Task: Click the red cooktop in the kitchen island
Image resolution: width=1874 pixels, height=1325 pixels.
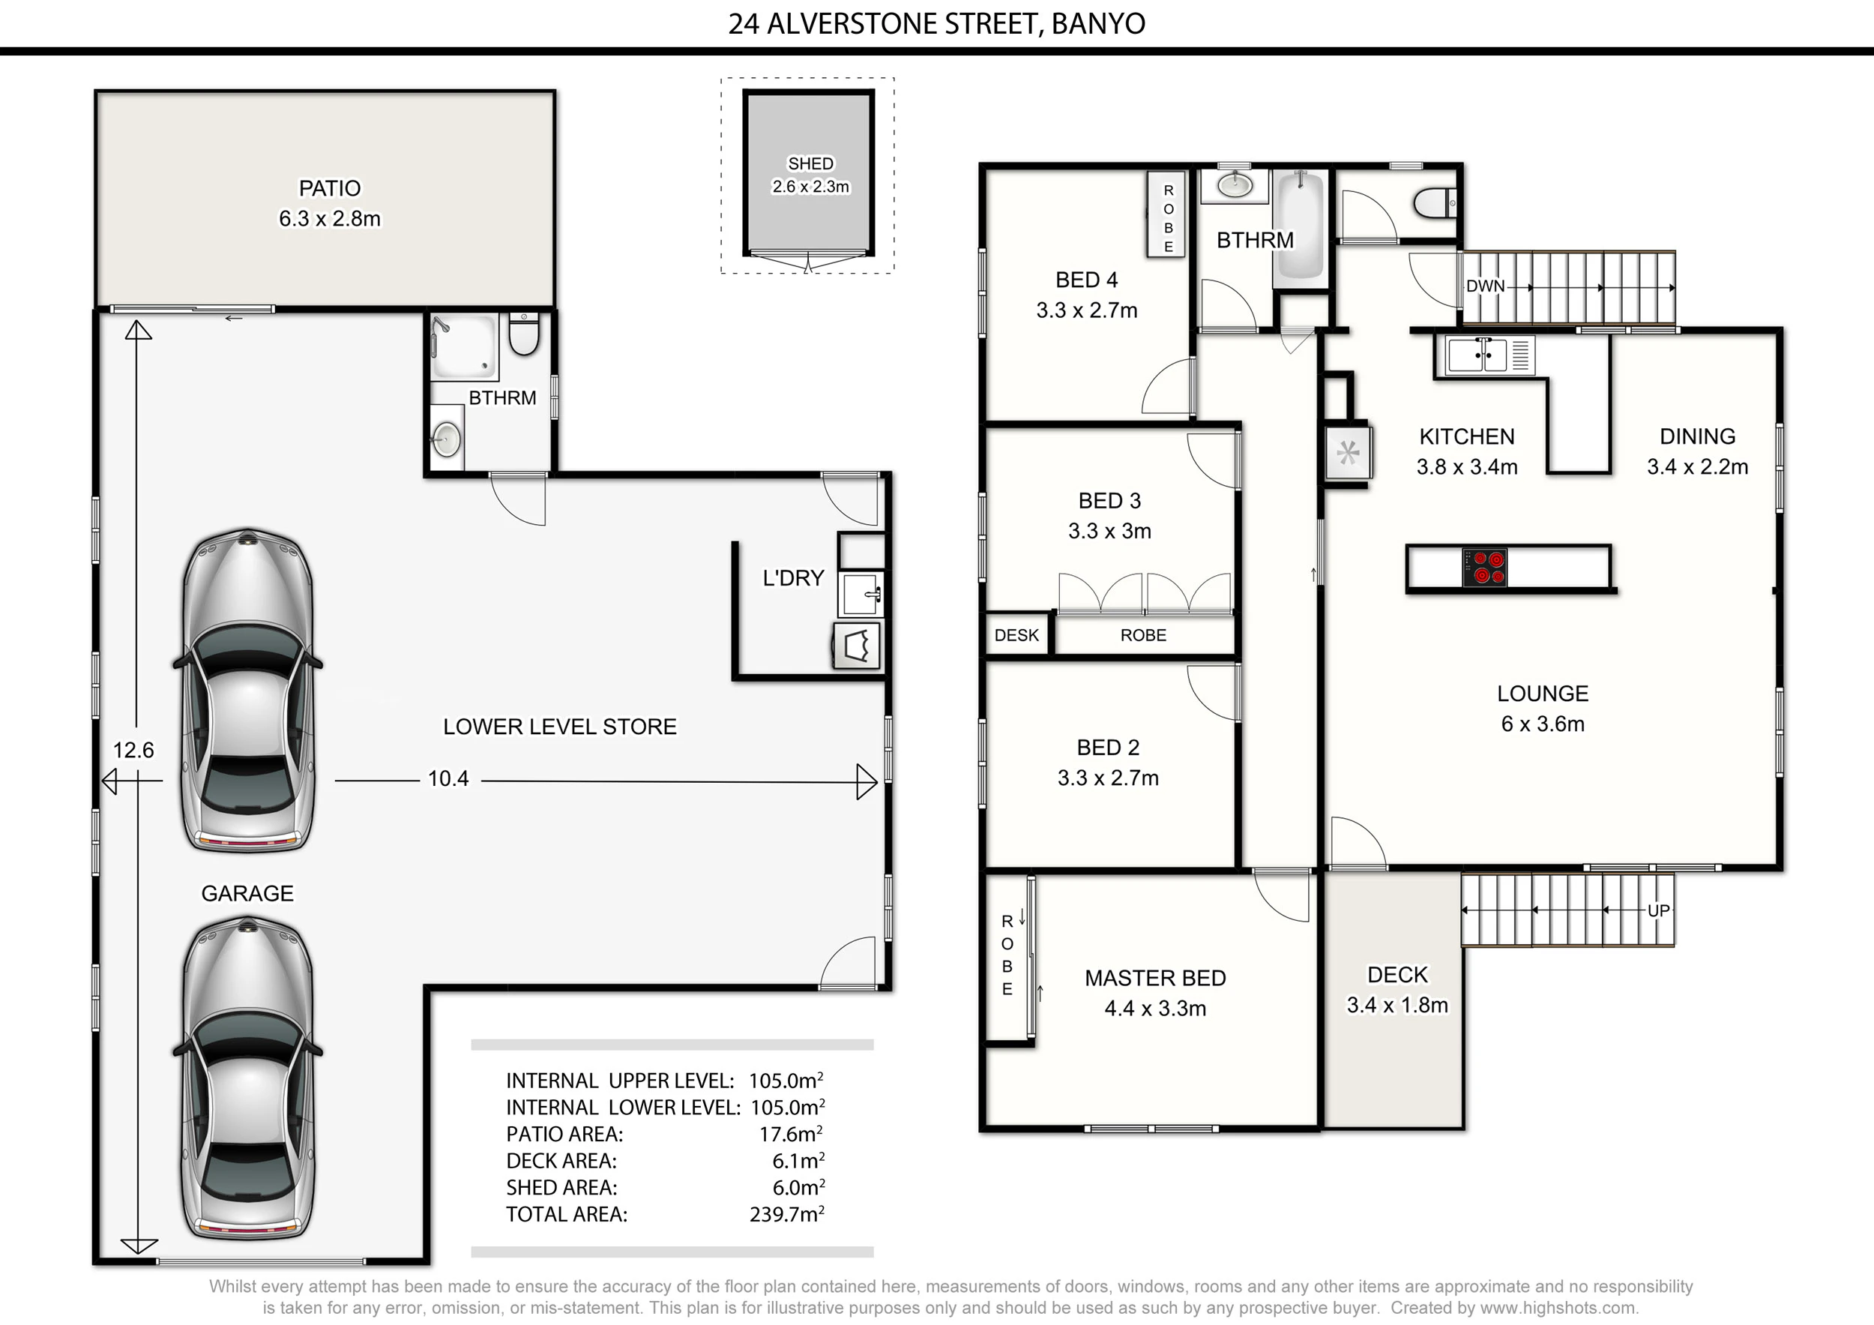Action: click(x=1485, y=568)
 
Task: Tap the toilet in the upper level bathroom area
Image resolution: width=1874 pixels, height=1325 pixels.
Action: click(x=1435, y=202)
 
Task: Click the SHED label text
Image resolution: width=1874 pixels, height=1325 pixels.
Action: click(x=810, y=163)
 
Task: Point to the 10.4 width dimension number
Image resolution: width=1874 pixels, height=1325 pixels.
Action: click(x=448, y=779)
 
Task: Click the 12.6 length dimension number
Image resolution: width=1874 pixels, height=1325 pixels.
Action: click(x=133, y=751)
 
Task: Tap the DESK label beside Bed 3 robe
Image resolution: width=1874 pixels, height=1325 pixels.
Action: click(x=1016, y=635)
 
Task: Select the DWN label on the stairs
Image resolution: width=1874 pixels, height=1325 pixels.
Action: click(x=1486, y=286)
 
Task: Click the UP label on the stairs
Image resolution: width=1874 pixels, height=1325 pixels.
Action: click(x=1657, y=910)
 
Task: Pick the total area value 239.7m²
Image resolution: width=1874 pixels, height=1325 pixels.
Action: click(x=787, y=1214)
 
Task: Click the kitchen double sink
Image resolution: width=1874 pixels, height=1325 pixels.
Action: click(x=1477, y=355)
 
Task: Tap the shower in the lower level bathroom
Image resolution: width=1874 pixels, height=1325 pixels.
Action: click(x=463, y=348)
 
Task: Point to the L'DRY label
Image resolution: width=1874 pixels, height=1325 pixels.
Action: click(x=792, y=578)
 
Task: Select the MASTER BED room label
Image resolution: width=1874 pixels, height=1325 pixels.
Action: click(x=1155, y=978)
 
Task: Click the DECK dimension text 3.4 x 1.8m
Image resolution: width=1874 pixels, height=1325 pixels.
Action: click(x=1397, y=1005)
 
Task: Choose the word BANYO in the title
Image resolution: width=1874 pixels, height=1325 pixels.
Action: click(x=1098, y=24)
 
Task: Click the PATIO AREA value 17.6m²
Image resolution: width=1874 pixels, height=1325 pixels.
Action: click(x=791, y=1134)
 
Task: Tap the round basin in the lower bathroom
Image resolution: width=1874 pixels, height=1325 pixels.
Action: click(x=446, y=439)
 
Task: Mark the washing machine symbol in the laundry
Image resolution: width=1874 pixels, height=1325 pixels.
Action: click(x=857, y=646)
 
